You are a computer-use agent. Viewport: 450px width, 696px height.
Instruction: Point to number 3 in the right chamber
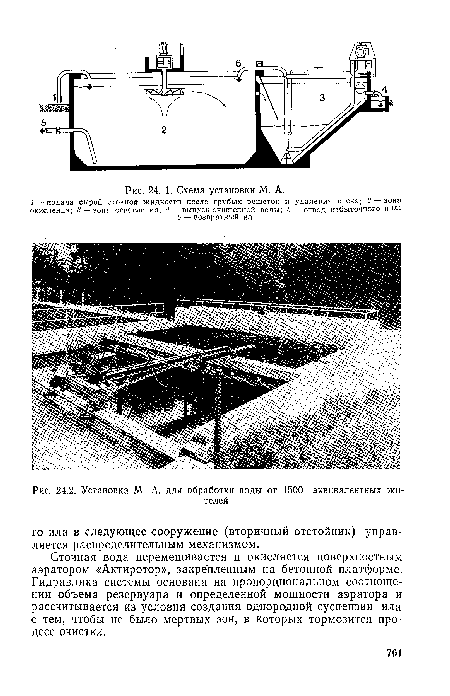[x=321, y=96]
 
